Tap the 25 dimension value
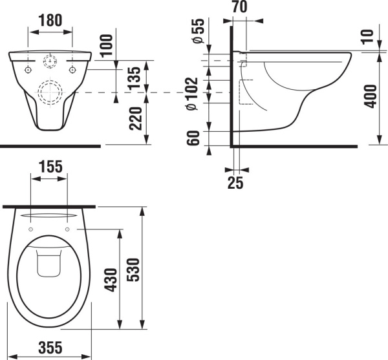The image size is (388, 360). pos(235,183)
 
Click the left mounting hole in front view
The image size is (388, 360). pos(29,69)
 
